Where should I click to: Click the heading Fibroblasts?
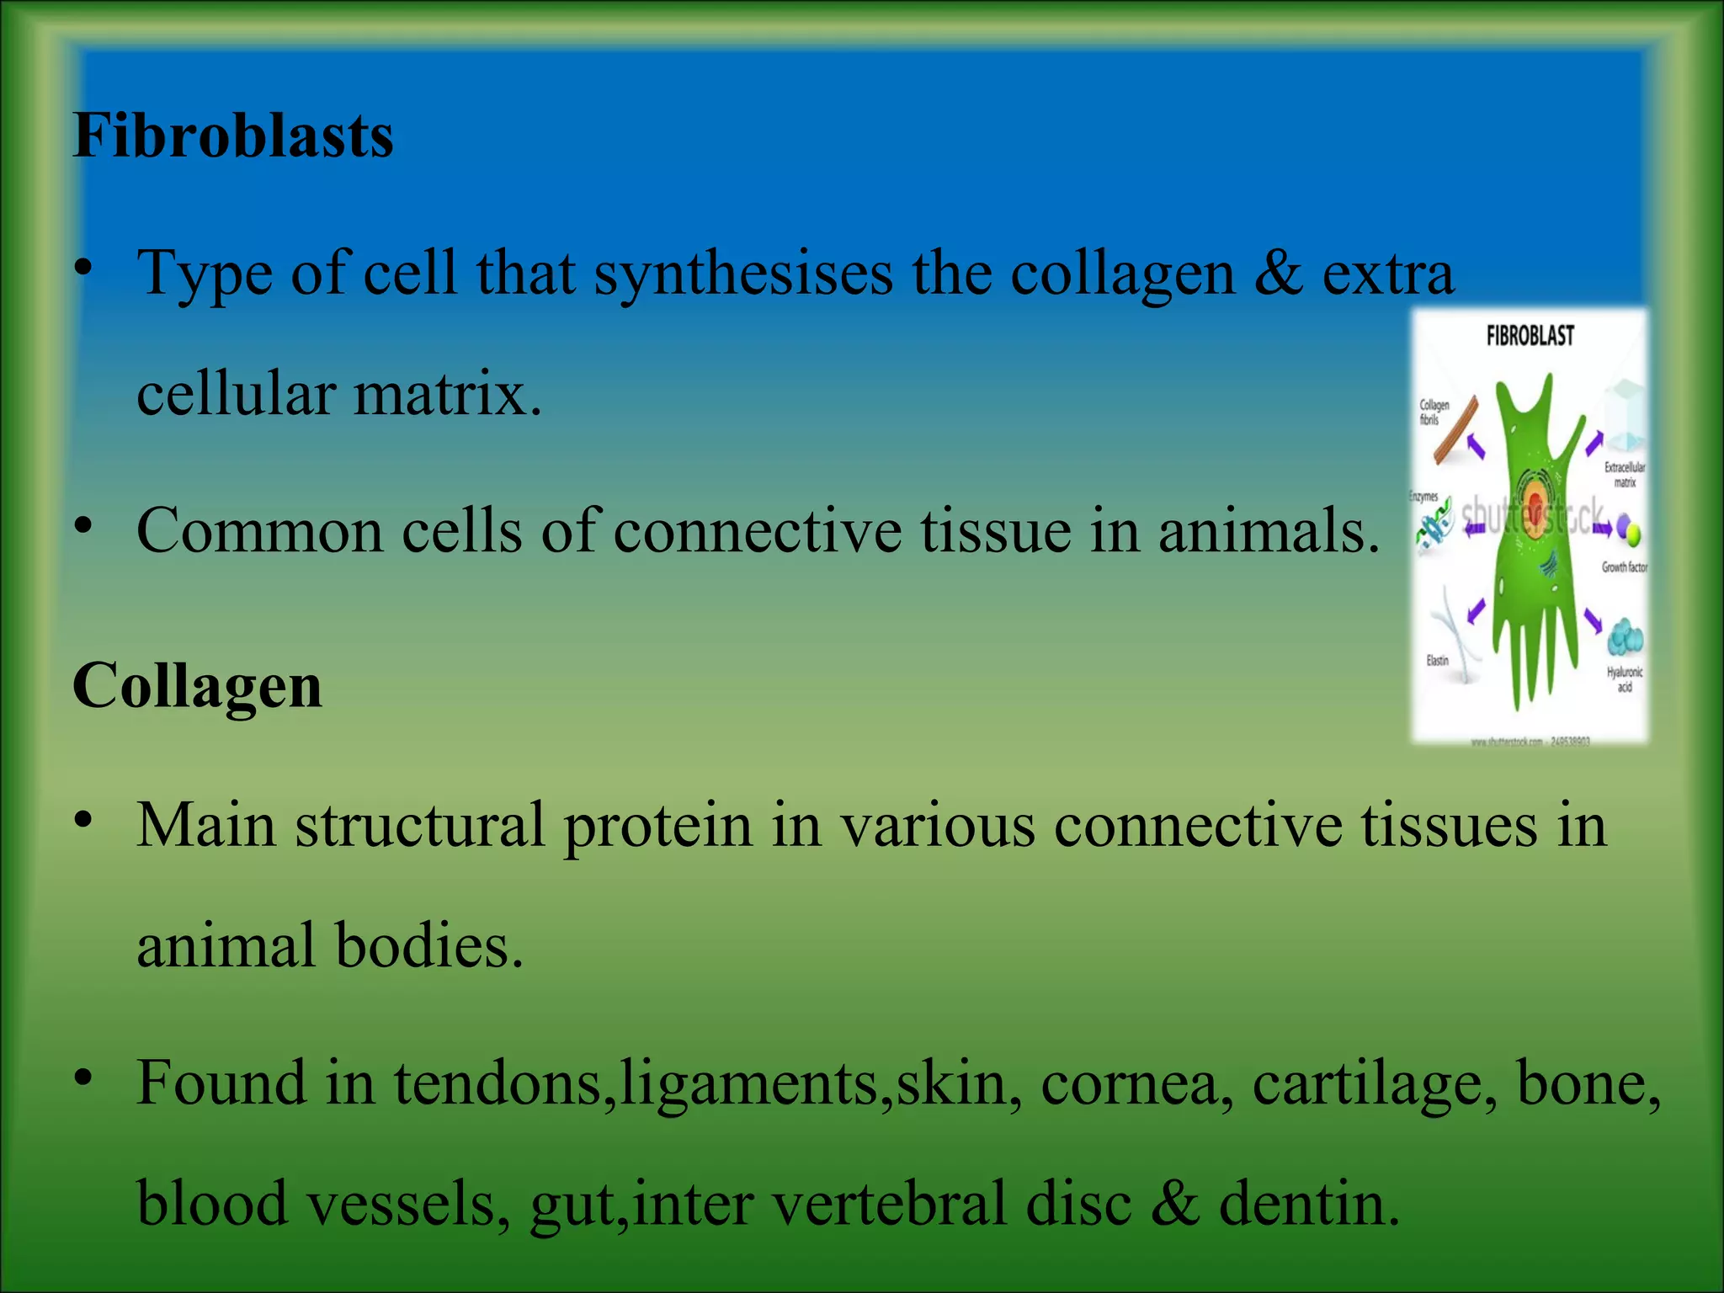click(x=233, y=136)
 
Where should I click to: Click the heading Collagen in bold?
click(x=197, y=686)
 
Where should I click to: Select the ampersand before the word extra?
click(x=1278, y=274)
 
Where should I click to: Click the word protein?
click(x=657, y=825)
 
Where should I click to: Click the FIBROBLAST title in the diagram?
click(x=1530, y=337)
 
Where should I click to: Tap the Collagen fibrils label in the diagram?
click(x=1434, y=412)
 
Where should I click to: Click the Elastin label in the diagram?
click(x=1437, y=660)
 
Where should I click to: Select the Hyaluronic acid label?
click(x=1624, y=679)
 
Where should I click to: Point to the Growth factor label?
click(x=1624, y=567)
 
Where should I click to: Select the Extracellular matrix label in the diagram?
click(x=1624, y=474)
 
